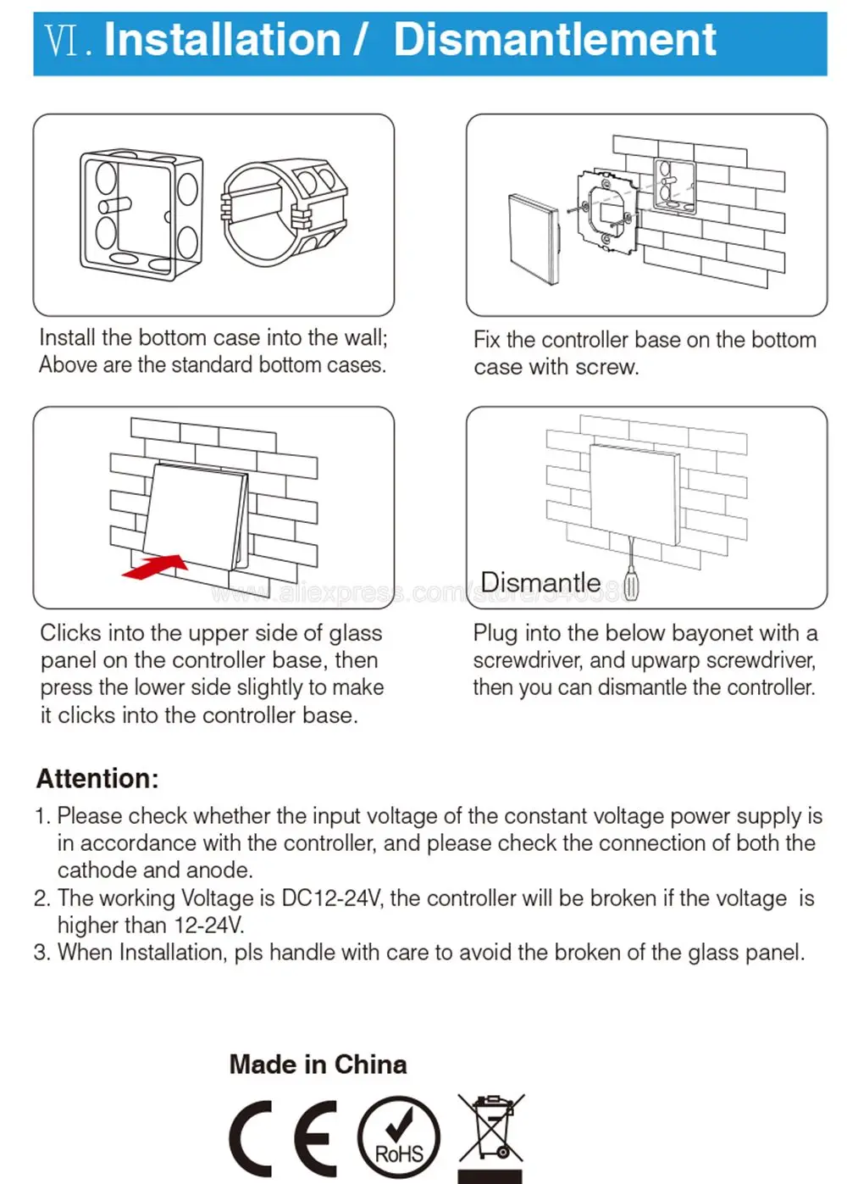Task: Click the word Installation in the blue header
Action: point(222,40)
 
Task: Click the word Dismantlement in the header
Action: point(555,40)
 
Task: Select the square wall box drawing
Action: point(141,214)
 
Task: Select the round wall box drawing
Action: point(285,213)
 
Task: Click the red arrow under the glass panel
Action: point(155,567)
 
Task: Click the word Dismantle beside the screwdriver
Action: point(540,582)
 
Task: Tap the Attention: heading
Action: point(97,778)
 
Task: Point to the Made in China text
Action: point(318,1064)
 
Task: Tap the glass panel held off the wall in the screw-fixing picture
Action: point(534,240)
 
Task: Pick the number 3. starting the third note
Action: point(42,953)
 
